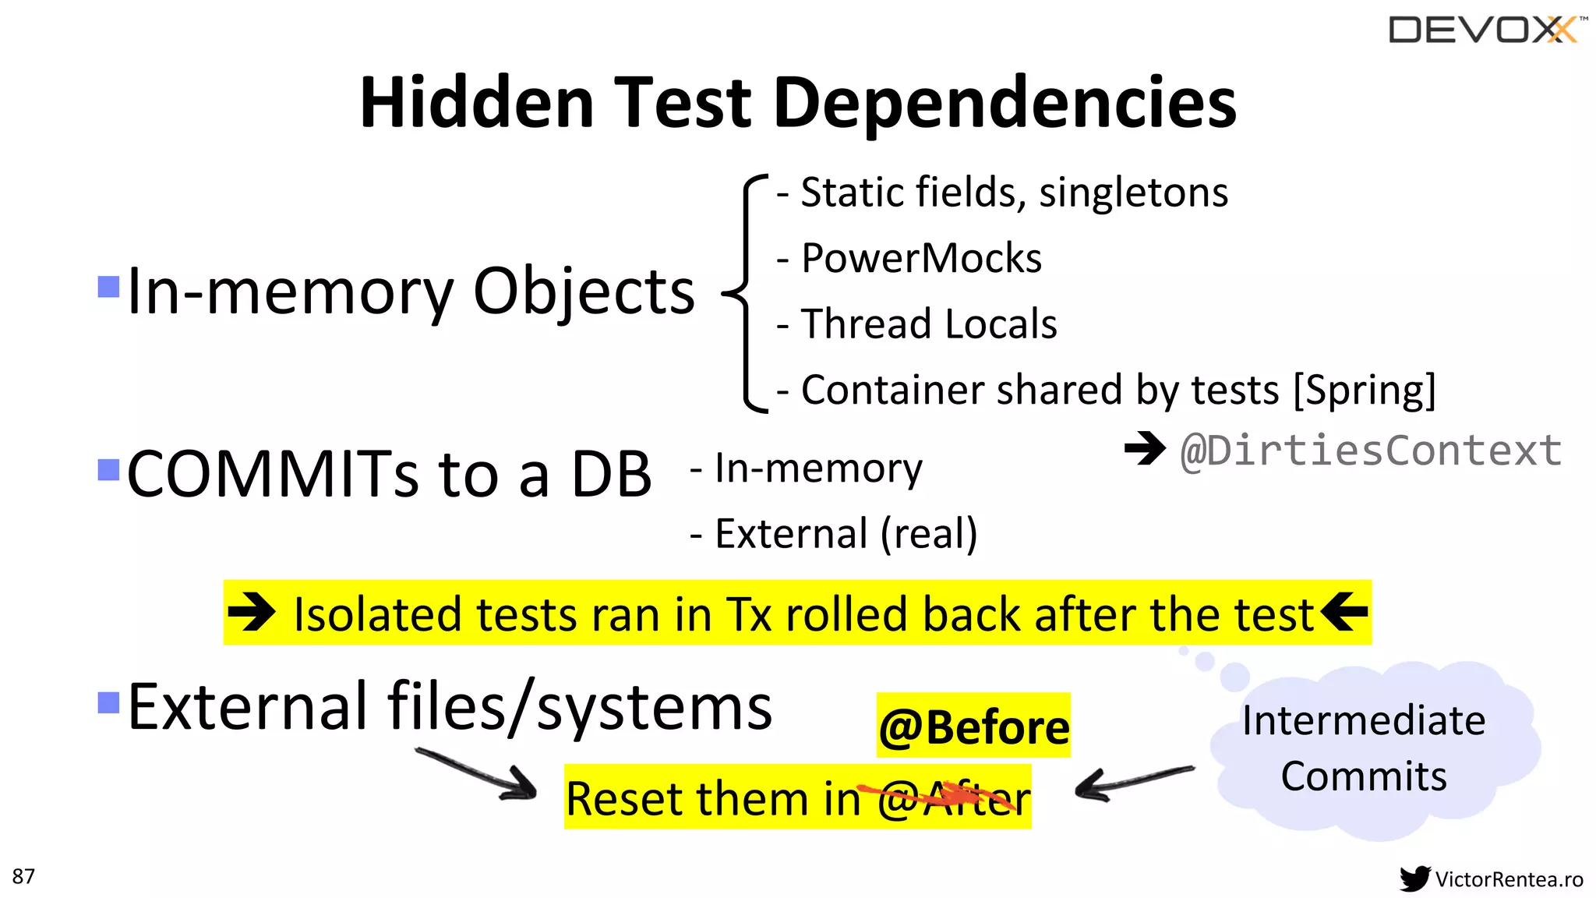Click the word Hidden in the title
click(477, 103)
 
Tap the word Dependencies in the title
click(1005, 103)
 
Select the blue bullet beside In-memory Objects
click(108, 287)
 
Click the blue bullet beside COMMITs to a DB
click(108, 470)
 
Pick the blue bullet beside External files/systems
click(108, 702)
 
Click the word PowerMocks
click(921, 258)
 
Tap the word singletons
click(1133, 193)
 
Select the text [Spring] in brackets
click(1364, 390)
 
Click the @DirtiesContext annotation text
click(1371, 451)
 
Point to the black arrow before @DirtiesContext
click(1145, 447)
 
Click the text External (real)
click(846, 534)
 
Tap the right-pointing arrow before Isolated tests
click(252, 612)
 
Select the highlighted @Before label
click(973, 727)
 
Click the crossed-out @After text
click(953, 798)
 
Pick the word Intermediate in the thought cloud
click(1364, 720)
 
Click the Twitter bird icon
click(1414, 879)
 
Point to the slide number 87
click(23, 876)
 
